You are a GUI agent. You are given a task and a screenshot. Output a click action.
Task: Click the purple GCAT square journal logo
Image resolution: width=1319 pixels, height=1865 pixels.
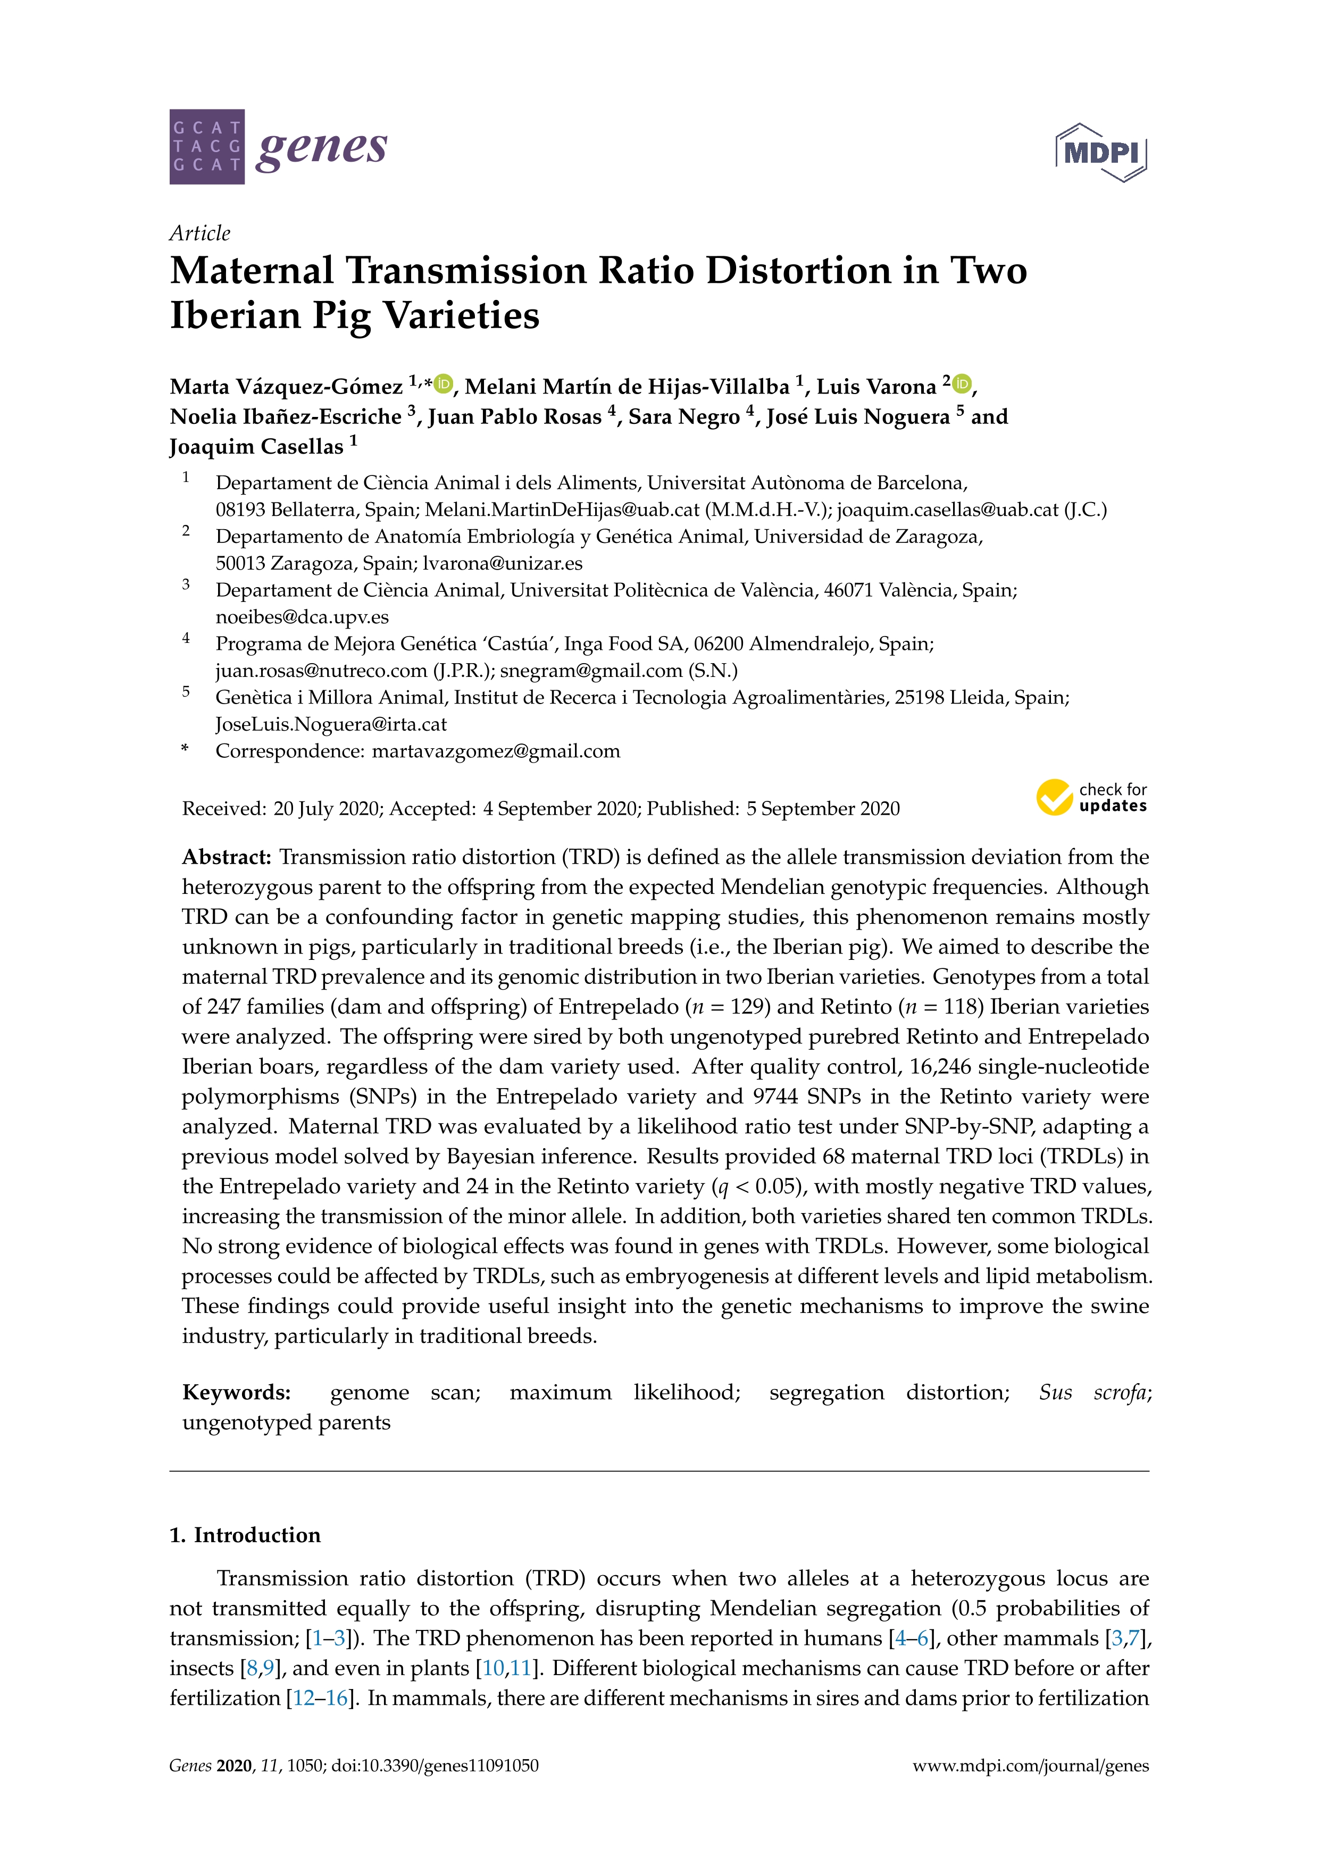206,147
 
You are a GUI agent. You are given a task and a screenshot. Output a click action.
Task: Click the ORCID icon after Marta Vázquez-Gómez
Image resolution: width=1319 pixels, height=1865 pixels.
444,383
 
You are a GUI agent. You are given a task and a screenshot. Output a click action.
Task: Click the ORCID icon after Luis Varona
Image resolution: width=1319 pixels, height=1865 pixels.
962,383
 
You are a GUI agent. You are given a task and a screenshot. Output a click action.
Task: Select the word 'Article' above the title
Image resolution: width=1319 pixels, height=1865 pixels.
200,233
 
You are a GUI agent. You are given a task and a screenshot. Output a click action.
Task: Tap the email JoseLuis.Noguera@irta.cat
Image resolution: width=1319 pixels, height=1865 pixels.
331,724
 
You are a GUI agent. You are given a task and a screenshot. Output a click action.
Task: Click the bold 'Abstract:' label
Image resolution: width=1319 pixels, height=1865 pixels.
227,857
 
